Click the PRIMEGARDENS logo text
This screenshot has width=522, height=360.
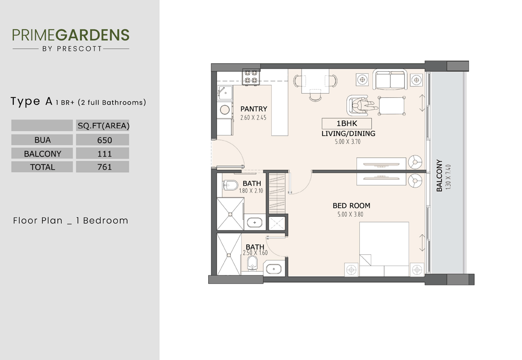(x=70, y=35)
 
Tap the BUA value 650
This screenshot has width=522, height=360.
(x=104, y=140)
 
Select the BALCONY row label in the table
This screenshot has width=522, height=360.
(x=42, y=154)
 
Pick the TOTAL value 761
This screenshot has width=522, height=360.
(x=104, y=167)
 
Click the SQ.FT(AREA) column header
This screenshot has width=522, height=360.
(x=103, y=126)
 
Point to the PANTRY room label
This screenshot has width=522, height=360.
(x=253, y=109)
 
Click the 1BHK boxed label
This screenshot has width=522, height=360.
(x=347, y=124)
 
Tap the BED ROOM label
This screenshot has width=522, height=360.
(x=351, y=206)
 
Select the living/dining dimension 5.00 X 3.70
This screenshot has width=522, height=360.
(x=348, y=141)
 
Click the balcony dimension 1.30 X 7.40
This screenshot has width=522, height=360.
(x=448, y=177)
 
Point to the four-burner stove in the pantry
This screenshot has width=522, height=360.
(x=251, y=77)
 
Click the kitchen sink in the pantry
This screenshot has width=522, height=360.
(x=226, y=93)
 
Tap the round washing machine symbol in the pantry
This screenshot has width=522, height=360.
(x=225, y=109)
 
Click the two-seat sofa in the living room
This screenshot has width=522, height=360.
(x=390, y=80)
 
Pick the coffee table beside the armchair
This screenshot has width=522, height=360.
(x=392, y=106)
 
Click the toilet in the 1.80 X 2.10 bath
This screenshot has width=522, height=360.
(x=230, y=185)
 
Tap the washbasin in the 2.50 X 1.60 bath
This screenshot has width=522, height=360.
(x=274, y=269)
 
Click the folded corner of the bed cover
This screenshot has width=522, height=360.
(x=365, y=260)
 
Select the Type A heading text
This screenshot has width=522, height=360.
(x=32, y=102)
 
